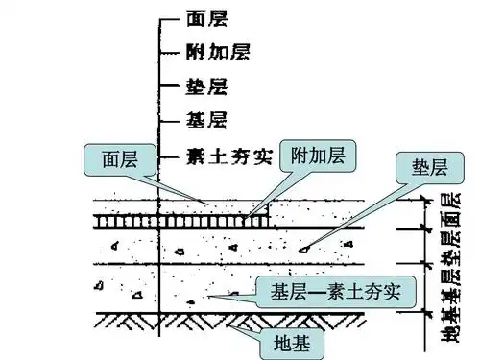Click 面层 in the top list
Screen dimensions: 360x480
point(202,18)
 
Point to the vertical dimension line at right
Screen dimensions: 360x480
point(422,259)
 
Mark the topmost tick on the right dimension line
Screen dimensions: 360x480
point(422,201)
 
